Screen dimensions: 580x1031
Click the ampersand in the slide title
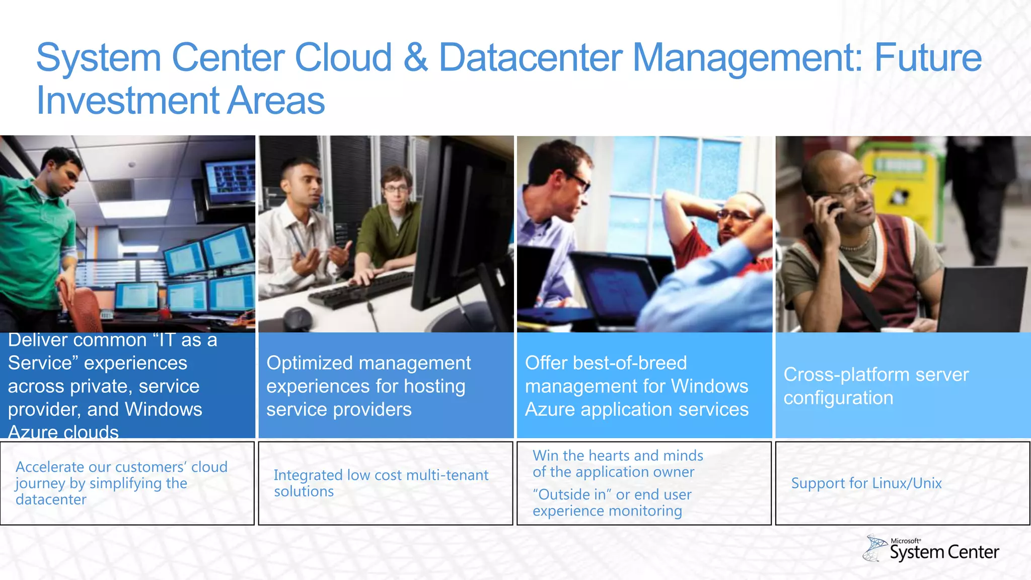pyautogui.click(x=415, y=57)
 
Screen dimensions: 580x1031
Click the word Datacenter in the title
pyautogui.click(x=531, y=57)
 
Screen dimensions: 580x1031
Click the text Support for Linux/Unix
pyautogui.click(x=866, y=483)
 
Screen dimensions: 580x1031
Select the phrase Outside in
pyautogui.click(x=570, y=494)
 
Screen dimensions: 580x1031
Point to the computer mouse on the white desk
pyautogui.click(x=297, y=319)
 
